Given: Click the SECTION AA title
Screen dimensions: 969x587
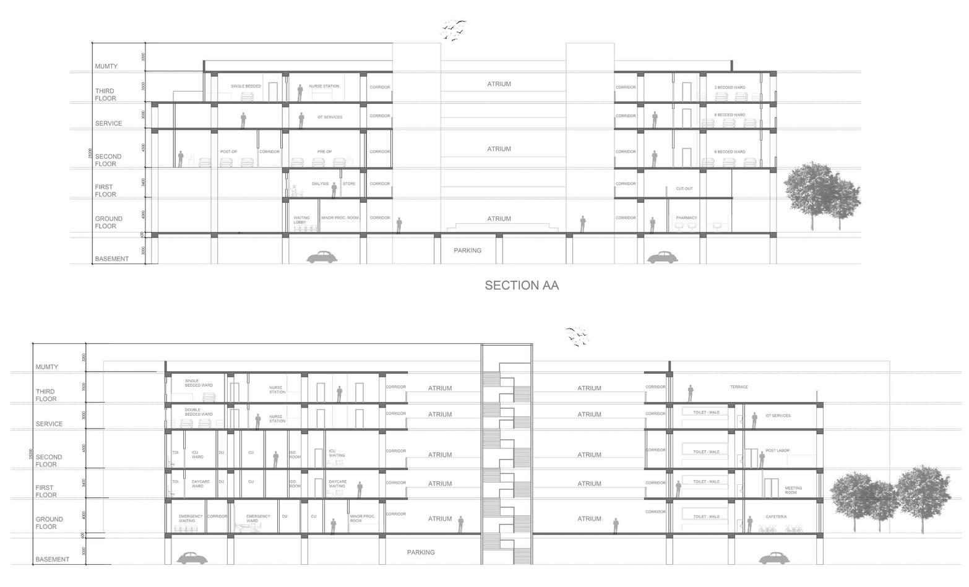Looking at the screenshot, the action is pyautogui.click(x=522, y=285).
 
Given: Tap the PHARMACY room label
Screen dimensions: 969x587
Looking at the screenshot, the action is pyautogui.click(x=686, y=218).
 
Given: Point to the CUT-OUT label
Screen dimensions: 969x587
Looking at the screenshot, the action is pyautogui.click(x=684, y=189).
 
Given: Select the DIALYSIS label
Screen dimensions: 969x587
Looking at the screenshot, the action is pyautogui.click(x=320, y=184).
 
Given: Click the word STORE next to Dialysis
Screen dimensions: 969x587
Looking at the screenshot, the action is pyautogui.click(x=349, y=184).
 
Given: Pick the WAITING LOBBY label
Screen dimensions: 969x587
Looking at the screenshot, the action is pyautogui.click(x=301, y=220).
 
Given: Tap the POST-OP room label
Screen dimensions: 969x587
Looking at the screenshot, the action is pyautogui.click(x=228, y=152).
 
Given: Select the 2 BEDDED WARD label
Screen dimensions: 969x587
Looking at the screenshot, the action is pyautogui.click(x=730, y=87).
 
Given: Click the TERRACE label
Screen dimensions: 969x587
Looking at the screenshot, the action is pyautogui.click(x=739, y=387).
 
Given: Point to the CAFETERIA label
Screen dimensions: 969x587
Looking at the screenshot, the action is pyautogui.click(x=776, y=516).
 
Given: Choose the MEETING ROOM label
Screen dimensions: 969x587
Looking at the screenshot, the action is pyautogui.click(x=793, y=490).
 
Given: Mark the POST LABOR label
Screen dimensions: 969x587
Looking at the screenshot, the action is pyautogui.click(x=777, y=450).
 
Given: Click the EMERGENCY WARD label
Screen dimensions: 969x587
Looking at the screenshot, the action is pyautogui.click(x=258, y=518).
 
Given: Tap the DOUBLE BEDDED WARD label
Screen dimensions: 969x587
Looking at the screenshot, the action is pyautogui.click(x=199, y=412).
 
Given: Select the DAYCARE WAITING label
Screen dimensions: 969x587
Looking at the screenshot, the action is pyautogui.click(x=337, y=484).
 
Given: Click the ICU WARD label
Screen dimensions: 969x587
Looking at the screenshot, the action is pyautogui.click(x=197, y=455).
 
